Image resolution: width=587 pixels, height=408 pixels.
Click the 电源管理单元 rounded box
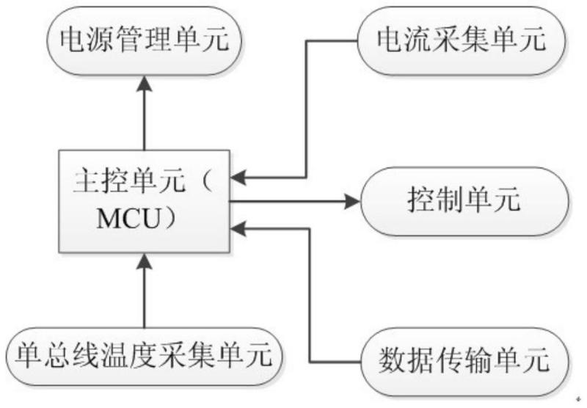point(144,40)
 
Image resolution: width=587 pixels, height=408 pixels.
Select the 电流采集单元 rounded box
point(462,40)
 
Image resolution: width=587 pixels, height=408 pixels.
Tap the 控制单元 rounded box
point(464,201)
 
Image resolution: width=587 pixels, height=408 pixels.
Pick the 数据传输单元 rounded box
point(464,362)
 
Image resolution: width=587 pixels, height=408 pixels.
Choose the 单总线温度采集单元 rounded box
point(144,357)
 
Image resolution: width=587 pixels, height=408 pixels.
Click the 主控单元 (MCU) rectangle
point(144,201)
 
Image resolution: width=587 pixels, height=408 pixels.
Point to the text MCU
point(128,219)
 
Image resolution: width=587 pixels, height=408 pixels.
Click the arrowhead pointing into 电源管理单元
point(145,83)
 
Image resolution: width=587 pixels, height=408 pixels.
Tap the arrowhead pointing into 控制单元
point(353,202)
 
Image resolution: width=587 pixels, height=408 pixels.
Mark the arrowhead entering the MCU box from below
point(145,261)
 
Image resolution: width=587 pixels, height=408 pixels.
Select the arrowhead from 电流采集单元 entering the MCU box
point(238,178)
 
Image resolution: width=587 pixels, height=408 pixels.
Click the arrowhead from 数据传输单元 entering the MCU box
point(238,229)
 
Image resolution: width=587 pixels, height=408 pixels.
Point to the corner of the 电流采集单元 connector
point(307,40)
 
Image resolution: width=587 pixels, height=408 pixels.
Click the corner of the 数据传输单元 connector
point(310,362)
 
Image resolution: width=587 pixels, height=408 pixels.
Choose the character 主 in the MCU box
point(87,181)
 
